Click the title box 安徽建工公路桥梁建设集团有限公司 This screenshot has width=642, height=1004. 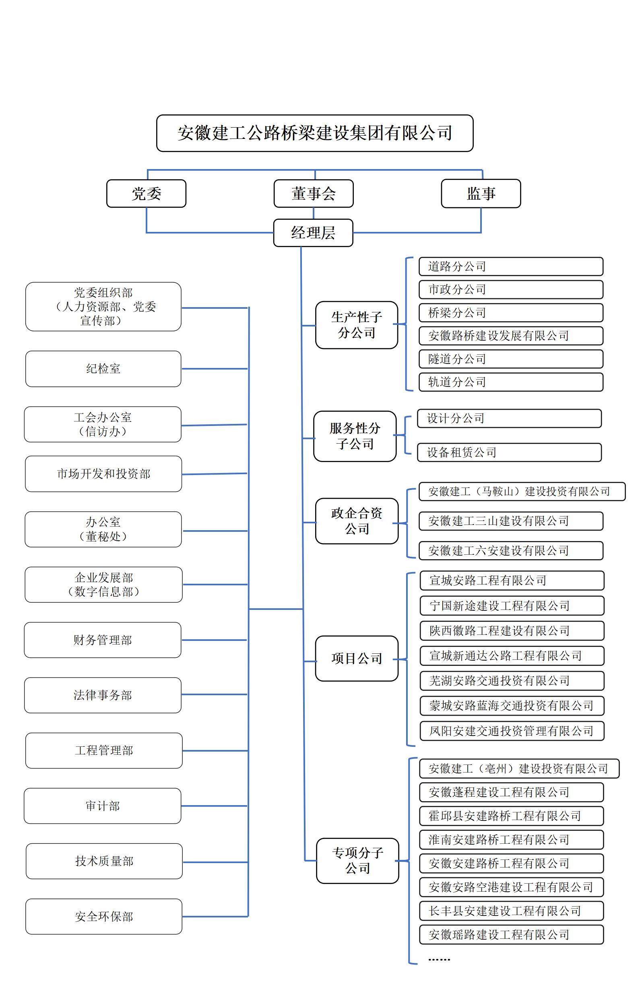[315, 133]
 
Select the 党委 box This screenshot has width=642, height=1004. [147, 194]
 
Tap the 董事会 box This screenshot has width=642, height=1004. [314, 194]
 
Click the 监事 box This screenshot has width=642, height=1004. [481, 194]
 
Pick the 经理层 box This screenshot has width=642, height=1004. [313, 233]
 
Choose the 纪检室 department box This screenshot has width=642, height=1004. [103, 369]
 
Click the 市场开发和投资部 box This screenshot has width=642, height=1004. [103, 474]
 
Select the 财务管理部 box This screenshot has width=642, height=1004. [103, 640]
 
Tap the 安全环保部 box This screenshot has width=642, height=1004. [103, 916]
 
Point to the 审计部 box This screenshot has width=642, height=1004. [102, 806]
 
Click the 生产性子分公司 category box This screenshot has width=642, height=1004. [357, 325]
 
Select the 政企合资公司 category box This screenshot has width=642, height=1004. [357, 521]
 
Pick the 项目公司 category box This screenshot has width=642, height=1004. [357, 658]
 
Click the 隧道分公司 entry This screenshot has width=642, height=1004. [511, 359]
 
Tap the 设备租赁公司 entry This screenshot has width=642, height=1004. [509, 452]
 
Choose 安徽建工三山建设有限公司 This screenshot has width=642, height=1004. [511, 521]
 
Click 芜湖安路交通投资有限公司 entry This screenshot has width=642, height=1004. [512, 681]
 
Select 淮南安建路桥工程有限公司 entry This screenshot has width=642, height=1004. [511, 840]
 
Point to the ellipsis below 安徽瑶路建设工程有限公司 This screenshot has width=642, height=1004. [439, 959]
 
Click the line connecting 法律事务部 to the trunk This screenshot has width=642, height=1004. [215, 695]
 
